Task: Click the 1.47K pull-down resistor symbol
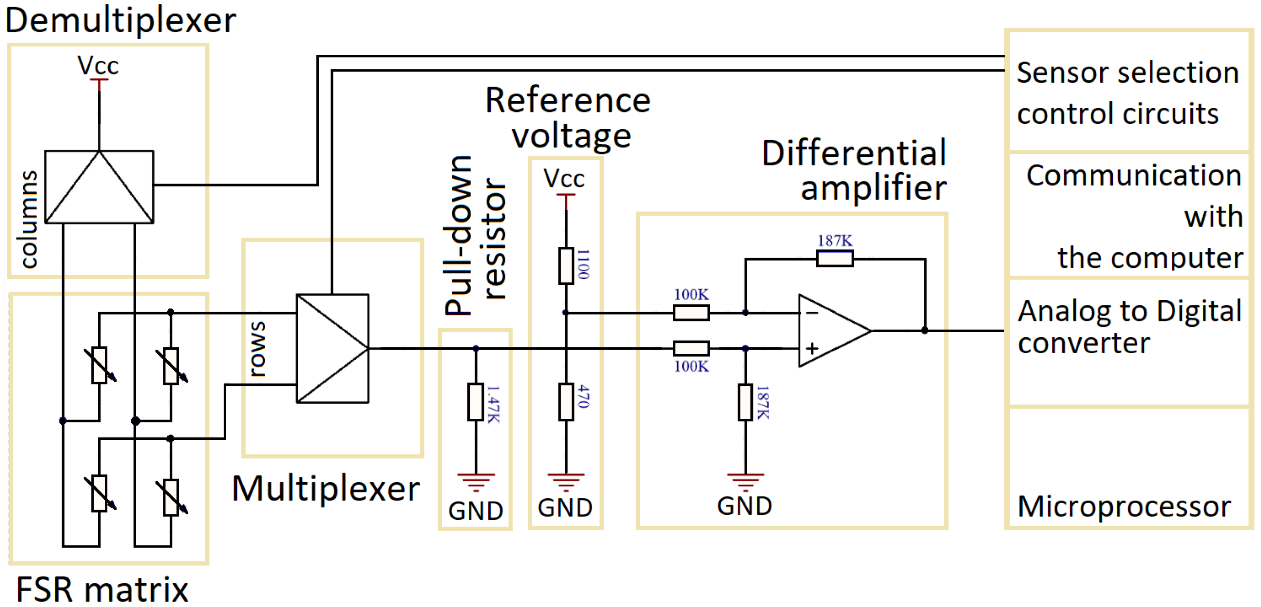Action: [x=475, y=402]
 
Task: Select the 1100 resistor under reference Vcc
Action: [x=566, y=266]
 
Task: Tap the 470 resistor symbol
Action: [x=566, y=402]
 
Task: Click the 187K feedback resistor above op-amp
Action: [x=835, y=258]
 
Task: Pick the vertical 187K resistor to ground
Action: [x=745, y=402]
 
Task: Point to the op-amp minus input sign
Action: [x=812, y=313]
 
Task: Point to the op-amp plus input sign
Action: [x=812, y=348]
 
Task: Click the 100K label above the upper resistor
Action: [x=691, y=295]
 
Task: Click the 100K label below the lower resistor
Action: [x=691, y=366]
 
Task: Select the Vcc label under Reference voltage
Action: [x=564, y=179]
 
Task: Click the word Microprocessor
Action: [x=1124, y=506]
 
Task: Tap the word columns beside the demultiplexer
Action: [x=28, y=219]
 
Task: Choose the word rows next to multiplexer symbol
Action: [x=257, y=349]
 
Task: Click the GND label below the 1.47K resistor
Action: [x=475, y=511]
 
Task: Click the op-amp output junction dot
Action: [x=924, y=330]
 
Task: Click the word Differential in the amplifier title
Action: [x=854, y=153]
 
